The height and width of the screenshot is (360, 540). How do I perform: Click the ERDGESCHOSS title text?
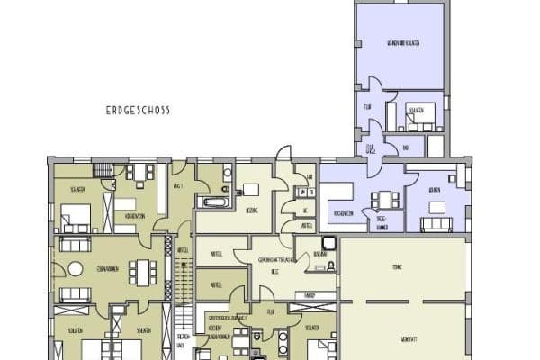[137, 111]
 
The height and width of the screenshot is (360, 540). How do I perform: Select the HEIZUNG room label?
[253, 208]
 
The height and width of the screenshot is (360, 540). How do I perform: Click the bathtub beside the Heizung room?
[212, 201]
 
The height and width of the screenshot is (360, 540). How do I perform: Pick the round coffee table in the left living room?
[76, 269]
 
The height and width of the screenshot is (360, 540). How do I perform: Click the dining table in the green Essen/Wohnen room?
[142, 270]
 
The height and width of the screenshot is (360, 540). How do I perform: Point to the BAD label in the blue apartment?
[406, 148]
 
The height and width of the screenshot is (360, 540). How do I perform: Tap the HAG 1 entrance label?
[177, 186]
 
